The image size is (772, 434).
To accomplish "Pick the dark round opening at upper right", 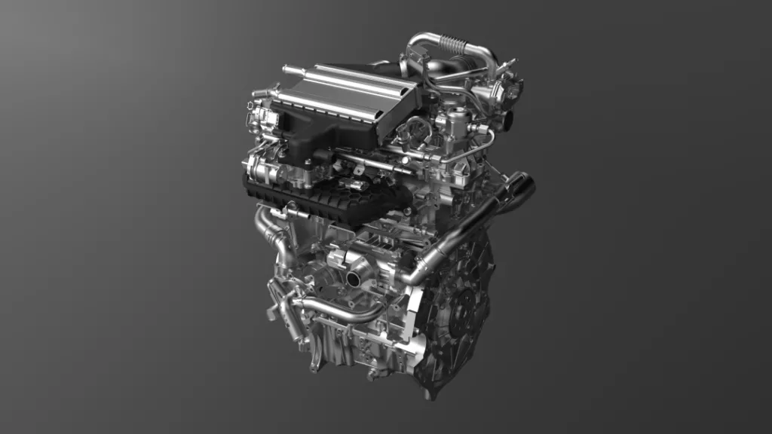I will coord(510,119).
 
